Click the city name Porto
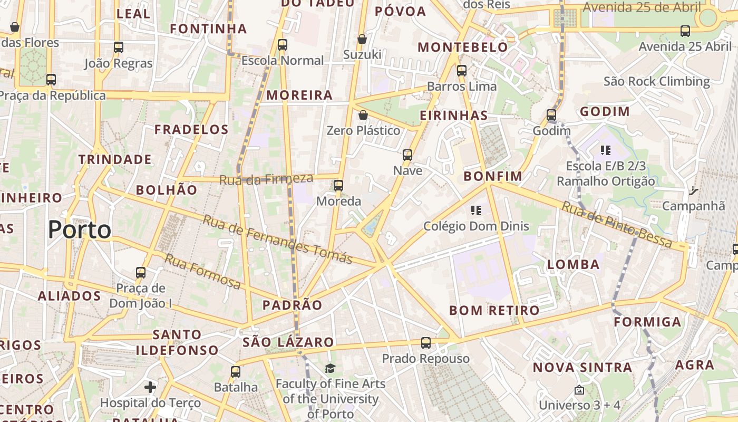point(80,230)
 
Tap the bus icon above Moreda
point(338,186)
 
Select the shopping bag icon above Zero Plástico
point(363,115)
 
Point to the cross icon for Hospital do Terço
point(150,388)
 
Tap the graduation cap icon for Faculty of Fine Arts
point(331,368)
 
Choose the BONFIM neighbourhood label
point(493,176)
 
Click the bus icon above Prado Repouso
point(426,343)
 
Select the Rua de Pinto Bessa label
point(617,225)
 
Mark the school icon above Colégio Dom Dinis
point(476,211)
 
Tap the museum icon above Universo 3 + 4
point(579,390)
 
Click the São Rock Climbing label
point(657,81)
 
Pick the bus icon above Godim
point(551,114)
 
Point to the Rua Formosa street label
point(203,271)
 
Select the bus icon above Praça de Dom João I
point(141,273)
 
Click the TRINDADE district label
point(115,159)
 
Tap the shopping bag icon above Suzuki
point(362,39)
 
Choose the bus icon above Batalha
point(236,372)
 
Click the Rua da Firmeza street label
point(266,179)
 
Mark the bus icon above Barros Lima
point(462,71)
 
